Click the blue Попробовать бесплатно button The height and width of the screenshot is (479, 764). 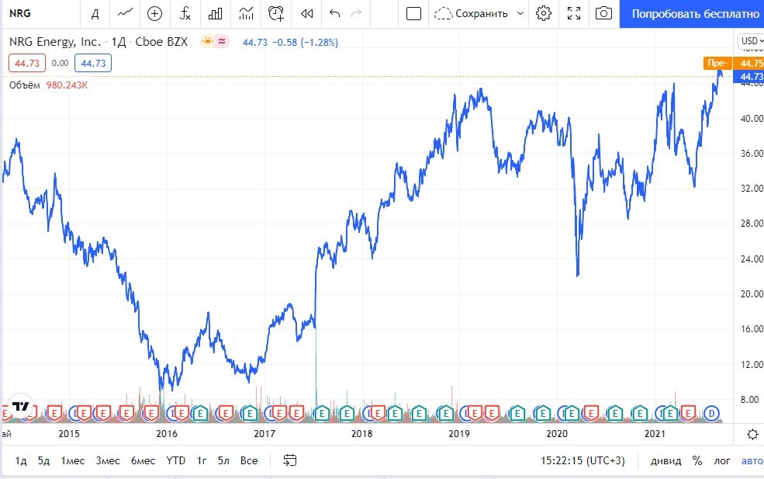[x=695, y=13]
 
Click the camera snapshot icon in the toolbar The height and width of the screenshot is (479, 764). [x=603, y=13]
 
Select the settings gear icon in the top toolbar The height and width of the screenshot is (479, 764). [x=544, y=13]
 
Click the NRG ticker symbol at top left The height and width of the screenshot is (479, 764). [x=20, y=13]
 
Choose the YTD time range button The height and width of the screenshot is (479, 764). [x=176, y=460]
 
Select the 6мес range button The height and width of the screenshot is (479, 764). [x=143, y=460]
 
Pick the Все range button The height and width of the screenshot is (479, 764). [x=249, y=460]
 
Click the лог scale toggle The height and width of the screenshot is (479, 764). [x=722, y=460]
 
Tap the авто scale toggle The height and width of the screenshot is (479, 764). [x=752, y=460]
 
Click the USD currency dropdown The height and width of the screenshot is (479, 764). [x=749, y=41]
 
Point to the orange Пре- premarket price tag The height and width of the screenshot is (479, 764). [x=716, y=63]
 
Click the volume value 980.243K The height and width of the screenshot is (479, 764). [x=65, y=85]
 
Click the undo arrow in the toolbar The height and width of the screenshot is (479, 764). [x=335, y=13]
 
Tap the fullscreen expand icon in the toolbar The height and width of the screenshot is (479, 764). [x=574, y=13]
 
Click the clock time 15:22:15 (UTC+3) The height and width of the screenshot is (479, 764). [x=583, y=460]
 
